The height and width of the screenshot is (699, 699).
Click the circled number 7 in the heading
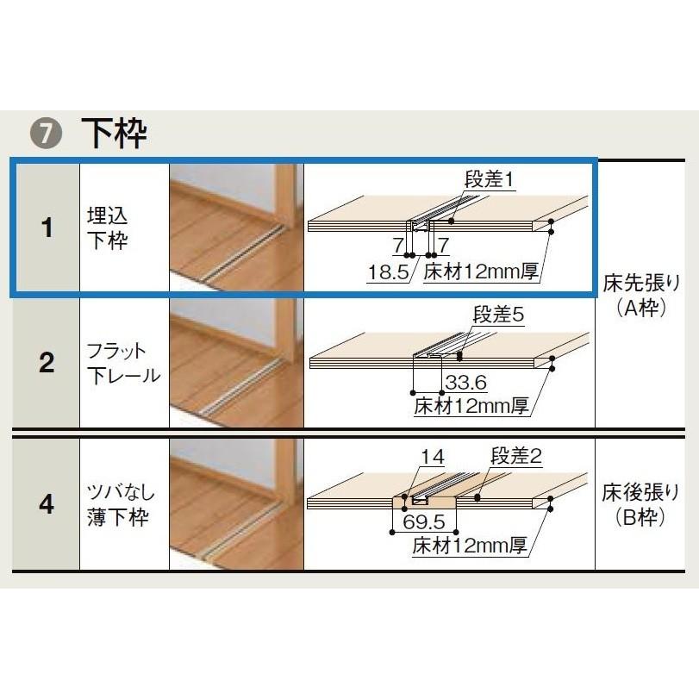[x=44, y=134]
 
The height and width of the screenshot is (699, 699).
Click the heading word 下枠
[x=114, y=134]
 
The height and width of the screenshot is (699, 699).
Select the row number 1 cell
[x=47, y=228]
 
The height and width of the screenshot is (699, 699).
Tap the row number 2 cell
[x=47, y=363]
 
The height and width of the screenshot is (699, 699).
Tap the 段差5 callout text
[x=497, y=315]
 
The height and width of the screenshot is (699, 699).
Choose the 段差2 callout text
[x=515, y=457]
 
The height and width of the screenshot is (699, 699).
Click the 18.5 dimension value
[x=386, y=273]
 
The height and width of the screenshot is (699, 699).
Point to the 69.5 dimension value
[x=423, y=523]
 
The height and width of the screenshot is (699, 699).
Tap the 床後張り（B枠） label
[x=644, y=504]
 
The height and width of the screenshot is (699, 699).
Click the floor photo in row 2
[x=235, y=363]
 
